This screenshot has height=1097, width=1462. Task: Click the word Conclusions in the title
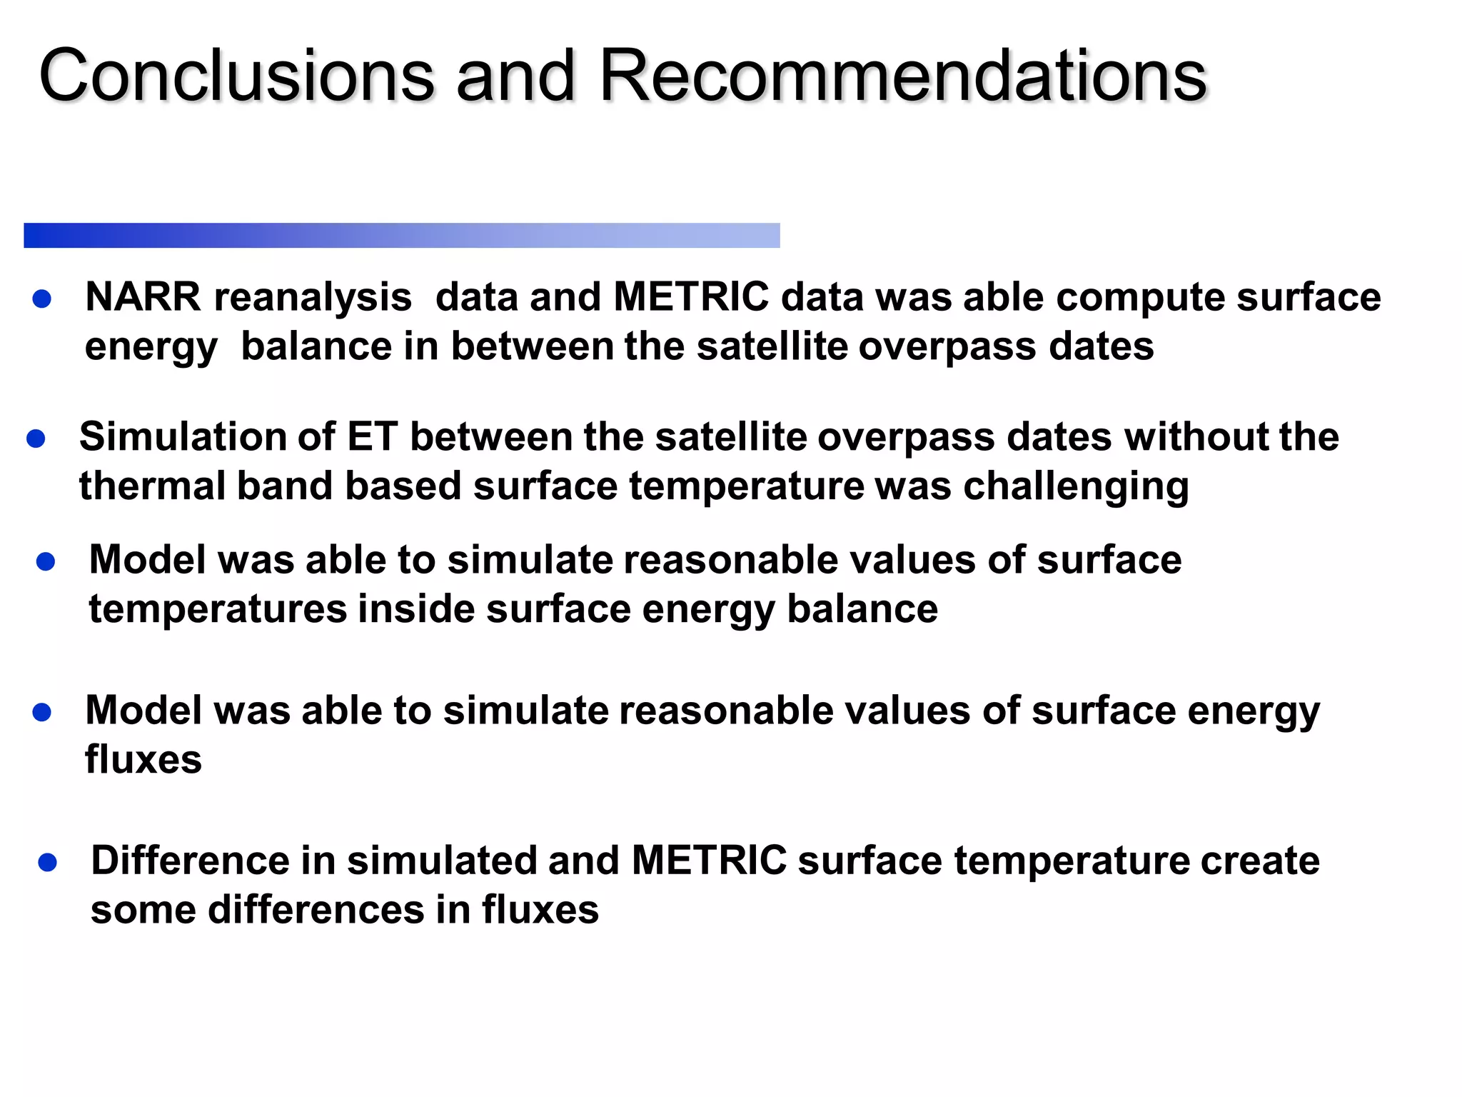(x=236, y=76)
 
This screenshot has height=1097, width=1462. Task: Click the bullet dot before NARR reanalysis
(x=42, y=299)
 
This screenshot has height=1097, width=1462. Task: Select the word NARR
(x=143, y=297)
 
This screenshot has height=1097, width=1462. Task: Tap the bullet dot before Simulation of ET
(x=36, y=439)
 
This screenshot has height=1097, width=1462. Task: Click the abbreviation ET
(x=371, y=437)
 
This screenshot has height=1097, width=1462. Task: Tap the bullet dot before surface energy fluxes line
(x=42, y=712)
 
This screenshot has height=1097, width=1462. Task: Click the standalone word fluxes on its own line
(x=143, y=760)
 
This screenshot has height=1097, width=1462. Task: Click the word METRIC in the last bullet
(x=709, y=861)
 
